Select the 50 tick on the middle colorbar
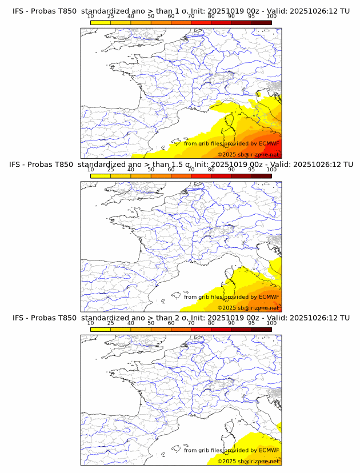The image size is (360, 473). tap(151, 170)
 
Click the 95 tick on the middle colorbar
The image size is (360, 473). tap(251, 170)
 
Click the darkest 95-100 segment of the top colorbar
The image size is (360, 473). tap(261, 22)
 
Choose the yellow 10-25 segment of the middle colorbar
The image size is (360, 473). tap(101, 175)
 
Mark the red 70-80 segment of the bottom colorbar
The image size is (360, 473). tap(201, 329)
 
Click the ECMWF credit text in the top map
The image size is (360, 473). tap(231, 143)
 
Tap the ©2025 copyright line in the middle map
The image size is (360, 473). tap(249, 308)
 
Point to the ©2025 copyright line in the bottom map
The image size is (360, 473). tap(249, 461)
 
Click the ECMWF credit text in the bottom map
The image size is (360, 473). tap(231, 450)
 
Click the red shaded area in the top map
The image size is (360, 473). tap(275, 146)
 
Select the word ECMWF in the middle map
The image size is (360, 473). tap(269, 296)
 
